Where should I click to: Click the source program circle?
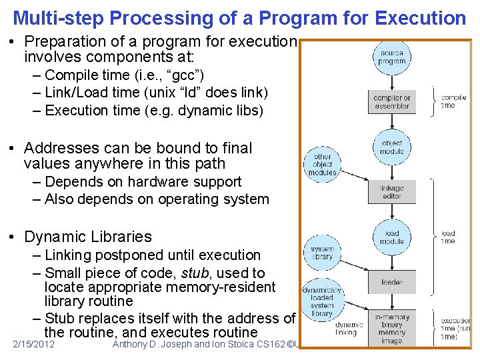click(392, 57)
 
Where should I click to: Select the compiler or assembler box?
click(392, 102)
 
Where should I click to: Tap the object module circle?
click(392, 147)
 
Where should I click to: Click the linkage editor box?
click(392, 192)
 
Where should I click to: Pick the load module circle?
click(392, 237)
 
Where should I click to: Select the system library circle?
click(322, 252)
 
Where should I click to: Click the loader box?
click(392, 282)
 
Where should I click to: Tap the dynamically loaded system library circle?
click(322, 301)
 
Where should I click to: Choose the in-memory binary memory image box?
click(392, 328)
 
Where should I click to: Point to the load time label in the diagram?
click(448, 237)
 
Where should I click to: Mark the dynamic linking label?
click(346, 328)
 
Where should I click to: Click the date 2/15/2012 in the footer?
click(33, 344)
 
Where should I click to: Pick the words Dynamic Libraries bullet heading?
click(88, 237)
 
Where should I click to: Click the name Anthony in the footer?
click(134, 344)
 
